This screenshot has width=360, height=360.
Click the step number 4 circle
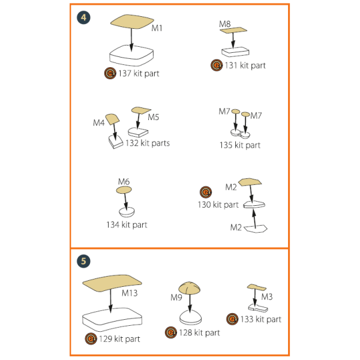83,17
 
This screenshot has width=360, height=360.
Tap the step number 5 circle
83,261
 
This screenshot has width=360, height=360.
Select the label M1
157,28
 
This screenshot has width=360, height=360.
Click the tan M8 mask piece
233,30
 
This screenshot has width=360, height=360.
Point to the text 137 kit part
139,73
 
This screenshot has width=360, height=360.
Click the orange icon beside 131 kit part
217,65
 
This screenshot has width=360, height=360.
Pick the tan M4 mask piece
112,119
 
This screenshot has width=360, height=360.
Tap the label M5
154,117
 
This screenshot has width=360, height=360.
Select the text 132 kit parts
148,143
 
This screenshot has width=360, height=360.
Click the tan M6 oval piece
124,190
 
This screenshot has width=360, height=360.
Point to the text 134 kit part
127,225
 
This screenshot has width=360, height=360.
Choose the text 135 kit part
240,145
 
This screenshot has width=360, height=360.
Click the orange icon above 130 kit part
206,192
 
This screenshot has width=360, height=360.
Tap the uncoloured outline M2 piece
256,229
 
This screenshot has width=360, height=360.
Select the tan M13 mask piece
112,283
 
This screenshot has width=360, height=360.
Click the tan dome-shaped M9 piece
190,288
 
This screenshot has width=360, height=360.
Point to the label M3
267,297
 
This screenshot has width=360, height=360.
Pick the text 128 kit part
199,332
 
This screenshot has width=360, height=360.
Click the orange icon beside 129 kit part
91,338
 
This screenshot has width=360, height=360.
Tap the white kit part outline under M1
131,56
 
